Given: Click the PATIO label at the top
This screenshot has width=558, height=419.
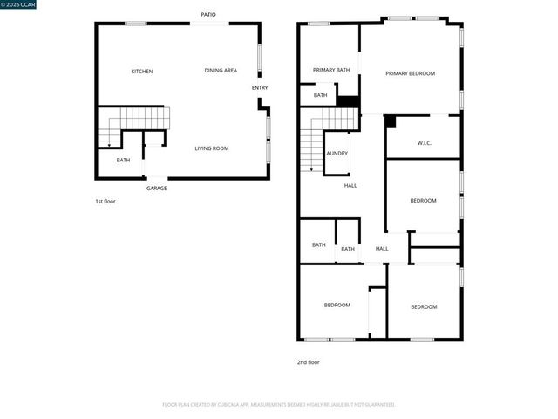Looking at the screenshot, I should [x=208, y=14].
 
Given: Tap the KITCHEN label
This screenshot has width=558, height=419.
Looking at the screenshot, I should [x=142, y=71].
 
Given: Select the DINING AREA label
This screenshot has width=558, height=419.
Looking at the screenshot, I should [x=221, y=71].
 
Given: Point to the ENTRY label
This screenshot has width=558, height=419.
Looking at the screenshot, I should [x=260, y=87].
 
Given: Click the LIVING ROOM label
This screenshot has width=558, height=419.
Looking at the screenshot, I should [x=211, y=148].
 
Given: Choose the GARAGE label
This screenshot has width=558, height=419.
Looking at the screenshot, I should [x=157, y=189].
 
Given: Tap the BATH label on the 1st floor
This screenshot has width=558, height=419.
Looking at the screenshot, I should [x=123, y=160].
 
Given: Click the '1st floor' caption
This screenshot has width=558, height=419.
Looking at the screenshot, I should [x=105, y=202].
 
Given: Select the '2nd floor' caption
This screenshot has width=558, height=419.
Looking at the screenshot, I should [x=309, y=362].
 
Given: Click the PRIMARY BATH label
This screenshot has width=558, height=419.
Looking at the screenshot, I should [x=331, y=70].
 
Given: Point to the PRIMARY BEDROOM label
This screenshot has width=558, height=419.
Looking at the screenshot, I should [x=410, y=73].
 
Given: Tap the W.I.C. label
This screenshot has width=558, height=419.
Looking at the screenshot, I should [x=425, y=142].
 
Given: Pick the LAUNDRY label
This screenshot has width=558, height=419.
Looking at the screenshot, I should [x=337, y=154].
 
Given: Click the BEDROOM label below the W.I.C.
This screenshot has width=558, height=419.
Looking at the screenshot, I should [x=423, y=201].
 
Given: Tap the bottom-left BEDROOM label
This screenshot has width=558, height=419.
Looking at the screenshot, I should [x=337, y=305].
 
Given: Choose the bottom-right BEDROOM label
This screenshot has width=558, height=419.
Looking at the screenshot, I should [x=424, y=306].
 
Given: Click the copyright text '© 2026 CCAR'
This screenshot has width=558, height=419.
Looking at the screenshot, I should [x=20, y=5].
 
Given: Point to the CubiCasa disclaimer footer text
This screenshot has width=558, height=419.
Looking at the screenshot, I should [x=279, y=405].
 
